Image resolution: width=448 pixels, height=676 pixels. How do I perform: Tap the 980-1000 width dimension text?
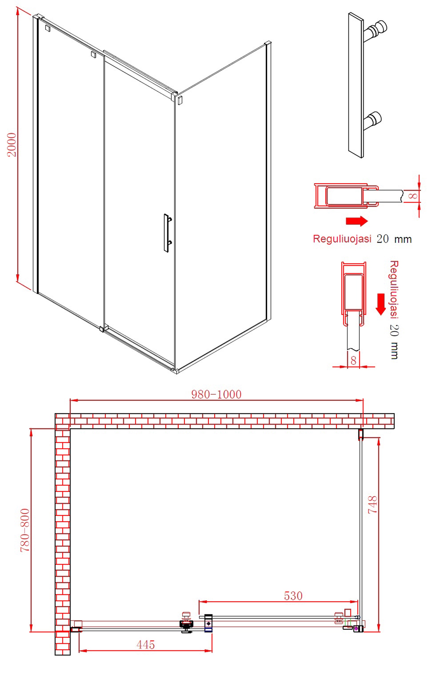pos(216,394)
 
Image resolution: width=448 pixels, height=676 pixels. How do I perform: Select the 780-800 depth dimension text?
pos(25,530)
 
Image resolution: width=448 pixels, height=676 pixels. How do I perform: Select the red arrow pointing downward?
pos(381,304)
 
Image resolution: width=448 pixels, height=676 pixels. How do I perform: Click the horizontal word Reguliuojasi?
pos(342,238)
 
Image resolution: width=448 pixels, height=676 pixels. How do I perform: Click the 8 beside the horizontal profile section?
pos(413,196)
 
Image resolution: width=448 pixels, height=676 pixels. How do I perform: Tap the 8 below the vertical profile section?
pos(353,361)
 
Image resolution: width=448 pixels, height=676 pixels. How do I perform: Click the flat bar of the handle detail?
pos(356,85)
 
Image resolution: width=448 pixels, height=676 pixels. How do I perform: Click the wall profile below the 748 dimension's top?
pos(361,434)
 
